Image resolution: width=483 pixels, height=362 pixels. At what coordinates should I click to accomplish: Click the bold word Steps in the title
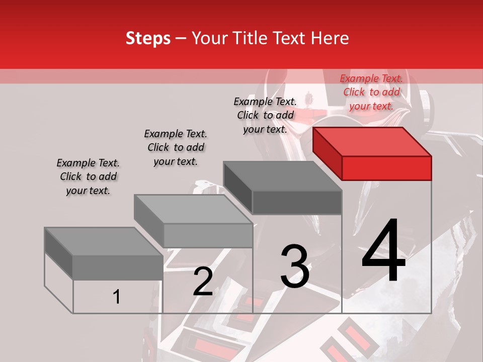[148, 38]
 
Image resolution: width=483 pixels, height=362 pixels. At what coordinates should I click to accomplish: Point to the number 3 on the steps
[295, 266]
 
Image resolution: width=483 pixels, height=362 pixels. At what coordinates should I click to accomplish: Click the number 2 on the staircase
[203, 282]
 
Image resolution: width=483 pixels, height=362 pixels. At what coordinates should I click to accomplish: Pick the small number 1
[117, 297]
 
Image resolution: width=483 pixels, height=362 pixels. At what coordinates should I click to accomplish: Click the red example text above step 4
[371, 92]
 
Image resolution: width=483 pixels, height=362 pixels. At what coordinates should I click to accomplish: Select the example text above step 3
[265, 115]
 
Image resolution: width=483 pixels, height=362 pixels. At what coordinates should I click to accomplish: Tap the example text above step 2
[176, 147]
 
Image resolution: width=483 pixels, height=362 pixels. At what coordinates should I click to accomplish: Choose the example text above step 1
[88, 176]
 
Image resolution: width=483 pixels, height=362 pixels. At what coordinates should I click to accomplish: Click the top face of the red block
[372, 141]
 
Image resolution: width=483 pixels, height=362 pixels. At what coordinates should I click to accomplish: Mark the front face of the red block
[386, 168]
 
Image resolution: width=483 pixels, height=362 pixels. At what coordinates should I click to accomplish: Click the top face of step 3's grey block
[282, 176]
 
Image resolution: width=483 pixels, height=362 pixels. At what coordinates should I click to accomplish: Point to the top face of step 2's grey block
[193, 209]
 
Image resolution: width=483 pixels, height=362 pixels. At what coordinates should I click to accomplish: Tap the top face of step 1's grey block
[104, 241]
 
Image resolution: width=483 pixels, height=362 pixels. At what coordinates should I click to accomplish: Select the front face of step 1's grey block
[118, 267]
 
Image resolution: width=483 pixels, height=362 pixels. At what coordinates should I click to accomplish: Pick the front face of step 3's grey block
[297, 203]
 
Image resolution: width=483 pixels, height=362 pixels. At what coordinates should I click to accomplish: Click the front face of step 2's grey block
[208, 235]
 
